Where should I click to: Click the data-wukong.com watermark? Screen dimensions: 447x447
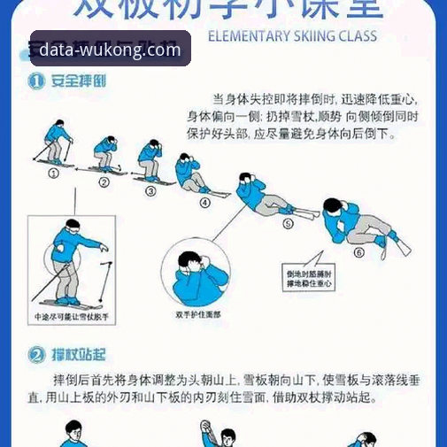click(110, 50)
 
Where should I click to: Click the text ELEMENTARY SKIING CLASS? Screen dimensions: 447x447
click(291, 37)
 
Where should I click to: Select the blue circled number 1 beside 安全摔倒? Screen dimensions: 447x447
click(36, 81)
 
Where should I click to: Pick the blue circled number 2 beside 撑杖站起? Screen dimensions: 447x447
click(36, 355)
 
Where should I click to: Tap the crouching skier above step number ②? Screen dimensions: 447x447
click(106, 154)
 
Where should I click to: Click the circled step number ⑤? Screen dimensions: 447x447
click(288, 224)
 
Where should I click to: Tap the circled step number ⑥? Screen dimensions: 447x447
click(358, 251)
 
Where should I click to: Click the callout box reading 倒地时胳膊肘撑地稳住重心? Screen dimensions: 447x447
click(308, 279)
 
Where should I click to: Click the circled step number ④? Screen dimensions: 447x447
click(204, 202)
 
